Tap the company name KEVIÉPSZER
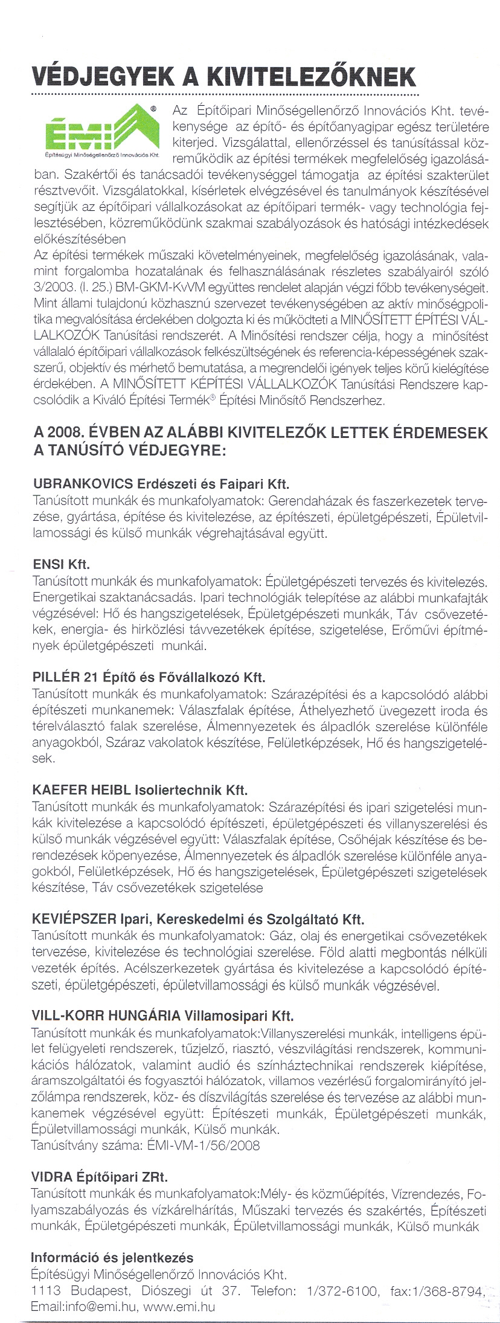click(x=73, y=920)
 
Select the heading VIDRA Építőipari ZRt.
click(x=100, y=1177)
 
